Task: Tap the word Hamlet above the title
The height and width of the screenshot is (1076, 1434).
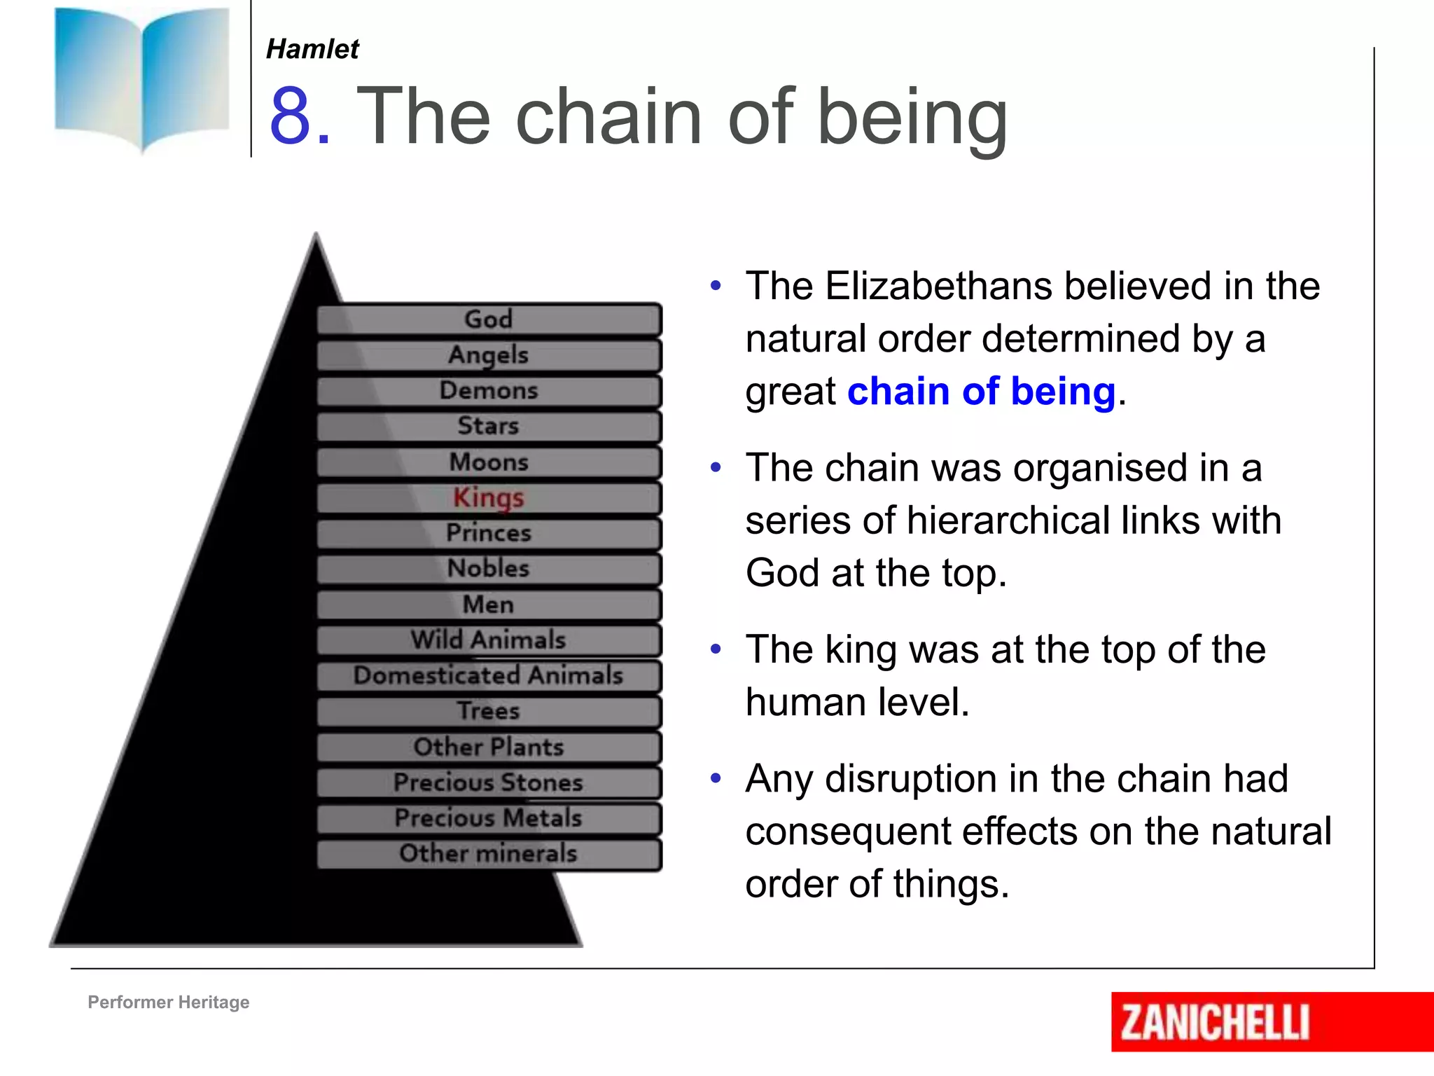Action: pyautogui.click(x=312, y=49)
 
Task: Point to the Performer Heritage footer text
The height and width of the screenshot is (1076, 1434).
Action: pyautogui.click(x=168, y=1002)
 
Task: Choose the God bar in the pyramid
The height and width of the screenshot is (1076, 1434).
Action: pyautogui.click(x=489, y=319)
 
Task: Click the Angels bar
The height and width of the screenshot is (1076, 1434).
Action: pyautogui.click(x=489, y=355)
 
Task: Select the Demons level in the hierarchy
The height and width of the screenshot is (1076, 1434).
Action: pyautogui.click(x=489, y=391)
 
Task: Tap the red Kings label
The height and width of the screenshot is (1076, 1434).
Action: pyautogui.click(x=489, y=497)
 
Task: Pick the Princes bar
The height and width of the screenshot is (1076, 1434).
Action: pyautogui.click(x=489, y=533)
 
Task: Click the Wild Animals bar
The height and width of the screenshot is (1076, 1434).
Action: pyautogui.click(x=489, y=640)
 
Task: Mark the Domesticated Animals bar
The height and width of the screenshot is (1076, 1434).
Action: pyautogui.click(x=489, y=675)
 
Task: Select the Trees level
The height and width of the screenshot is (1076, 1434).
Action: pyautogui.click(x=489, y=711)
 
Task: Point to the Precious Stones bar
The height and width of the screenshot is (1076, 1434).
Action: pyautogui.click(x=489, y=782)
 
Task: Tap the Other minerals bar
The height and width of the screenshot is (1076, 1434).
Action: pyautogui.click(x=489, y=853)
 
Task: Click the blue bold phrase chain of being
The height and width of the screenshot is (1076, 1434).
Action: pyautogui.click(x=980, y=391)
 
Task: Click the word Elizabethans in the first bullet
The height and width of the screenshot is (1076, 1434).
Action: pyautogui.click(x=938, y=286)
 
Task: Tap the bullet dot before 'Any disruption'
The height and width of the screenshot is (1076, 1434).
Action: pyautogui.click(x=715, y=778)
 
